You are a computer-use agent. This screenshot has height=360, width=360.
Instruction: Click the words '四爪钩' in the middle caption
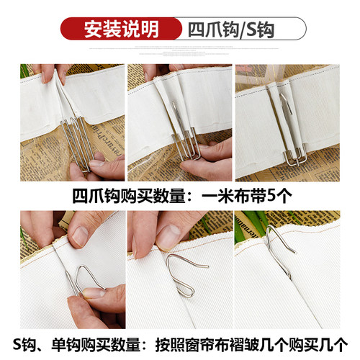98,196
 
